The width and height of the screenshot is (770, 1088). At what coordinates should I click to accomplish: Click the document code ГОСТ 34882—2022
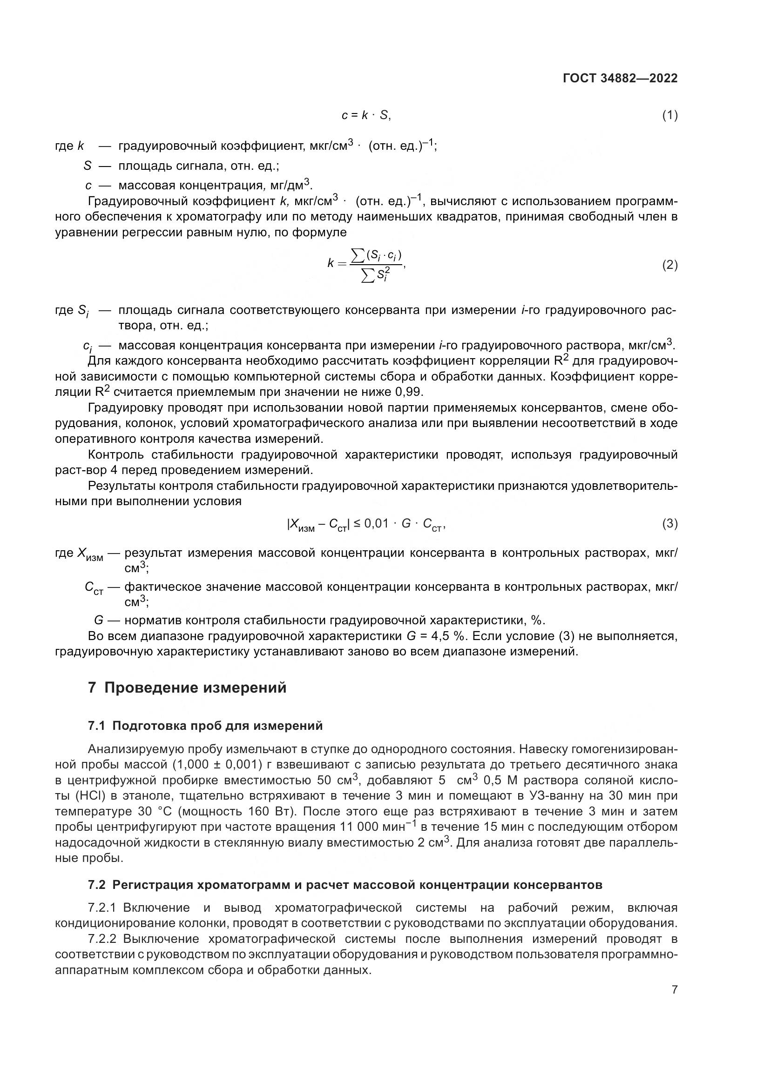620,78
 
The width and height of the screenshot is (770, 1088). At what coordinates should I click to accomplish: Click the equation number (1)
669,115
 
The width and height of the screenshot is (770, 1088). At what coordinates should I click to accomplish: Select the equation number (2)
669,265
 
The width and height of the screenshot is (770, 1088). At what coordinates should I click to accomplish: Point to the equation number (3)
669,524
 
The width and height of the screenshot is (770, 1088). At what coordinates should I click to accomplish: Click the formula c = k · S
366,115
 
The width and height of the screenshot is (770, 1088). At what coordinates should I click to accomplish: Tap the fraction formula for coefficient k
367,265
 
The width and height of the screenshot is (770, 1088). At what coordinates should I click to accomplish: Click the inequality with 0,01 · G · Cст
366,524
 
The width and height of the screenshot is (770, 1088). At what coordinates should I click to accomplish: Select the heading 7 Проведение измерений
187,688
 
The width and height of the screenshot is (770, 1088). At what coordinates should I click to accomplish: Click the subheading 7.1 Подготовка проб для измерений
205,726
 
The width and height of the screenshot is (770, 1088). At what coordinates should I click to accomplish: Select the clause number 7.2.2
102,939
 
